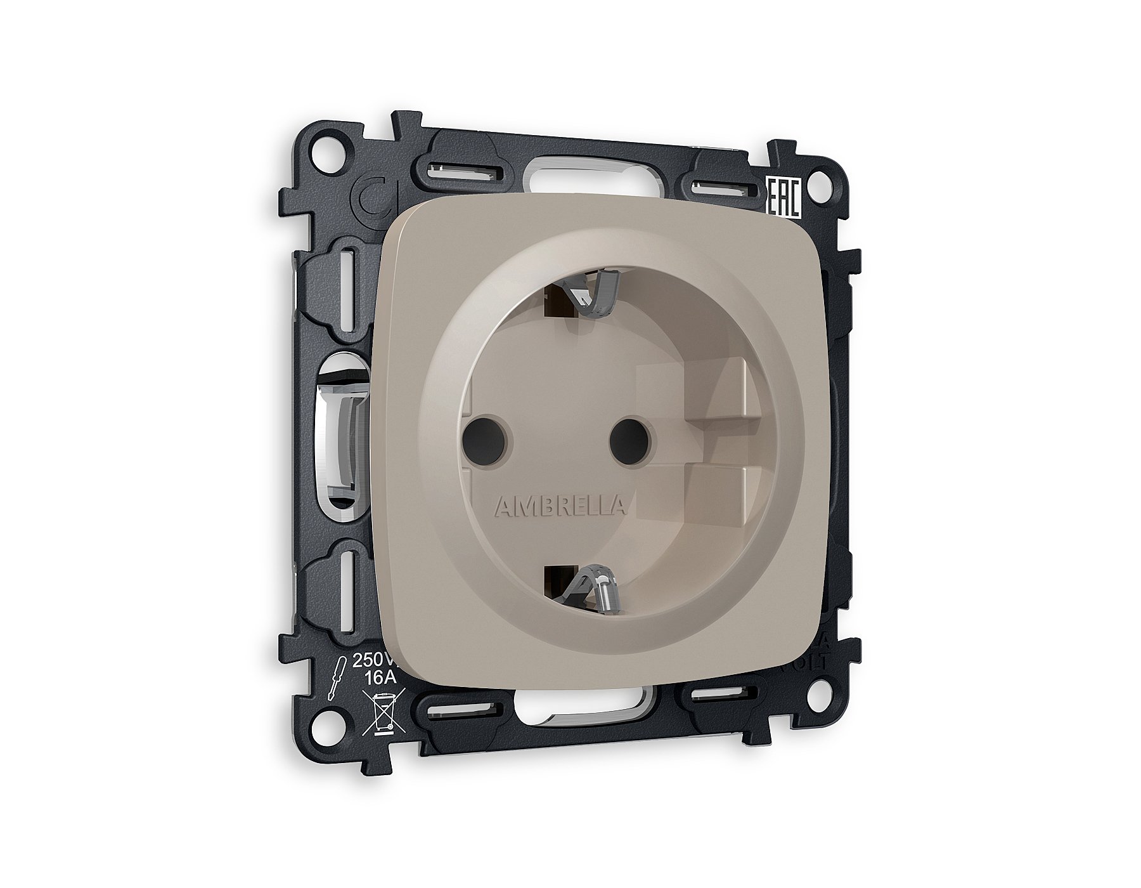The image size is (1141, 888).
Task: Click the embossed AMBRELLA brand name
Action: [x=560, y=488]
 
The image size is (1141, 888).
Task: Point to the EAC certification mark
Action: [x=785, y=197]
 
